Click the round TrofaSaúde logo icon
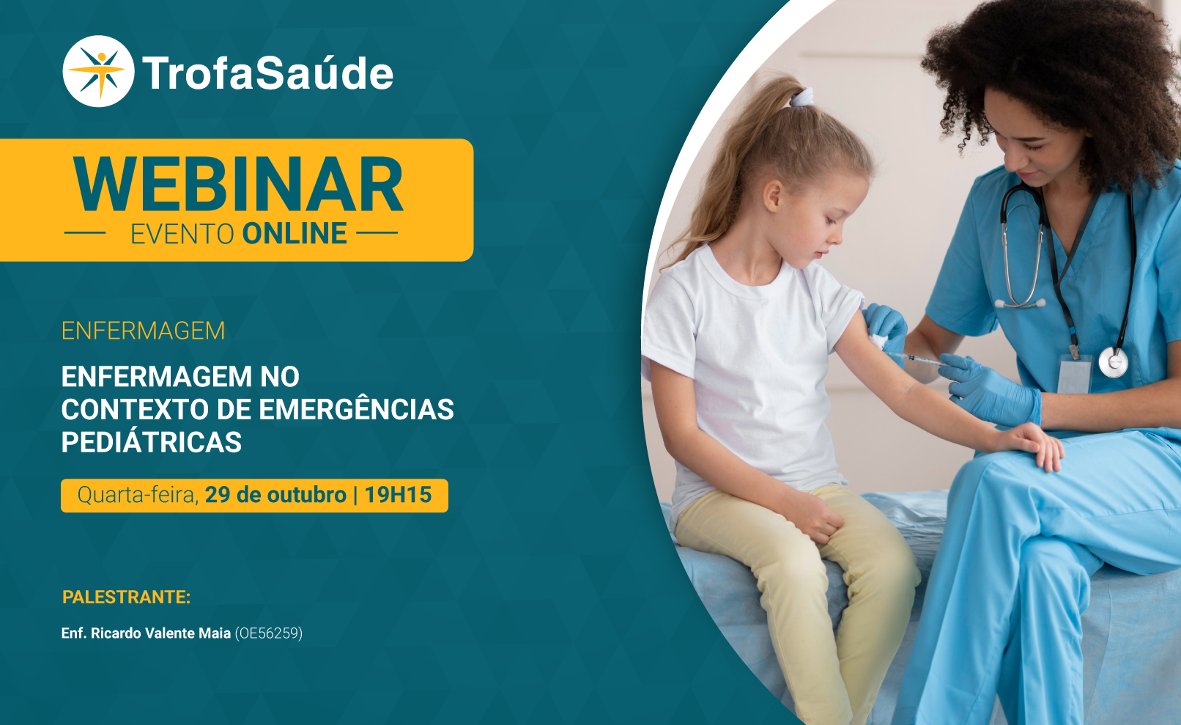point(98,71)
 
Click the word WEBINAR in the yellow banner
point(238,184)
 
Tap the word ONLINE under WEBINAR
point(295,234)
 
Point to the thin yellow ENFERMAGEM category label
point(143,331)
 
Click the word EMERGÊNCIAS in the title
point(356,410)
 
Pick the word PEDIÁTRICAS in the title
point(152,442)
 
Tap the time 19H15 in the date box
point(398,495)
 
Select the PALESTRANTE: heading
point(126,597)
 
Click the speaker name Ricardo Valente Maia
point(160,633)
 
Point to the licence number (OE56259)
point(269,633)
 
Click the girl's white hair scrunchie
point(801,97)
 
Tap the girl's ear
point(772,196)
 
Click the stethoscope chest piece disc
point(1113,362)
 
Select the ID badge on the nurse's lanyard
point(1074,374)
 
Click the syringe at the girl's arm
point(917,360)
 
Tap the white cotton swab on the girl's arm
point(878,340)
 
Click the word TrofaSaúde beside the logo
point(268,74)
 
